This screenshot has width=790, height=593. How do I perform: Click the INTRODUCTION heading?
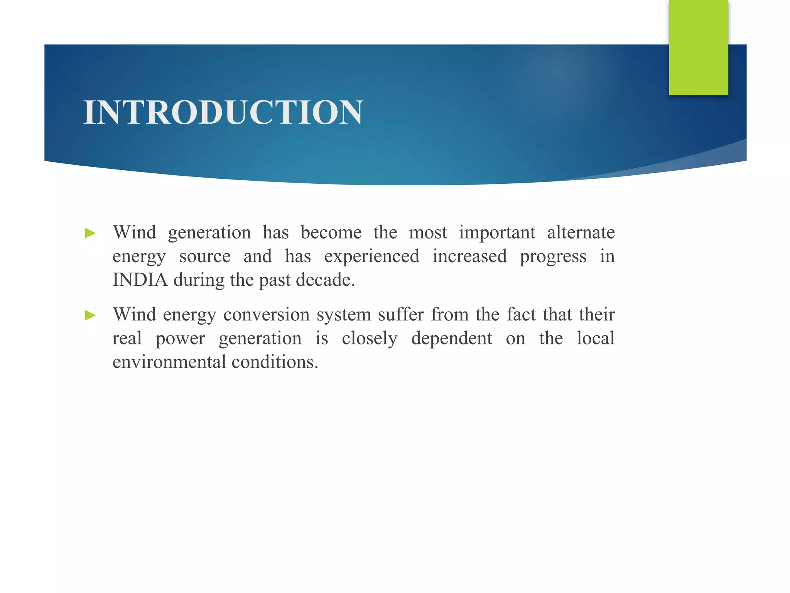(223, 112)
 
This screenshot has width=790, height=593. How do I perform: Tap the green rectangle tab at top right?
(698, 47)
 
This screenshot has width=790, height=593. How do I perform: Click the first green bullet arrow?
(90, 233)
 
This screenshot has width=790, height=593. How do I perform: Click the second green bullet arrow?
(90, 315)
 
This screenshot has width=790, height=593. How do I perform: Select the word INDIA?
(140, 280)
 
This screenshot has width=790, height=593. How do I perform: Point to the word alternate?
(581, 232)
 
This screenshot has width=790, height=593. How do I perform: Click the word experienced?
(371, 256)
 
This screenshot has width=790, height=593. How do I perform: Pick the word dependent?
(452, 339)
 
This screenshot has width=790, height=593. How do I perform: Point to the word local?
(596, 338)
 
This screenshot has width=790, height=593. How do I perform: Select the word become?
(331, 232)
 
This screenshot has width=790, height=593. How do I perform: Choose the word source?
(205, 256)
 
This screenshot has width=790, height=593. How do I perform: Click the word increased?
(469, 256)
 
